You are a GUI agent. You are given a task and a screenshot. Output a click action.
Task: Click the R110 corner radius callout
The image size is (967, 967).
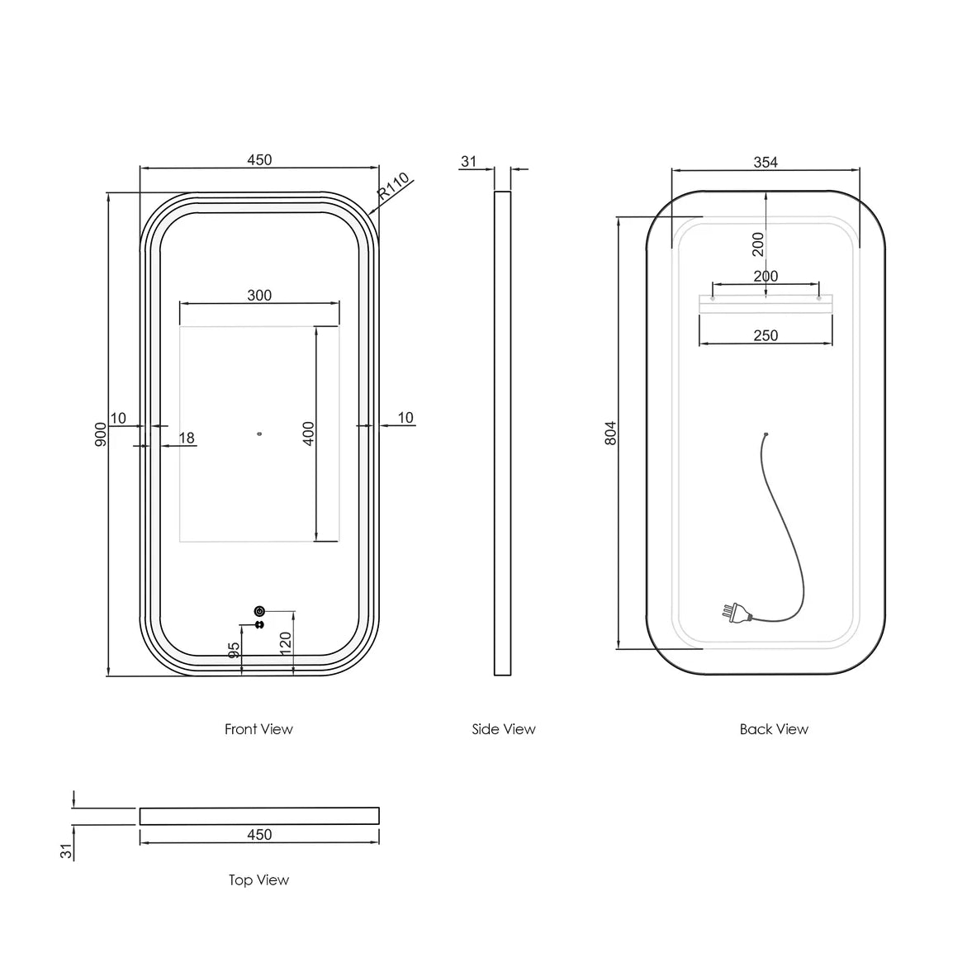pos(394,188)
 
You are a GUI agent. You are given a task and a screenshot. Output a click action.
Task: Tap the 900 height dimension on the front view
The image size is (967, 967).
pos(100,434)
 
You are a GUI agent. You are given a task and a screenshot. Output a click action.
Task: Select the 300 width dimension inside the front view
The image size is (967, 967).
pos(259,295)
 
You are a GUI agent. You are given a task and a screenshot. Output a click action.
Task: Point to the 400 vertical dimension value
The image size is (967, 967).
pos(309,434)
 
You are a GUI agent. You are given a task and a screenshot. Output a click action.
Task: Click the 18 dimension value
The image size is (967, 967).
pos(187,438)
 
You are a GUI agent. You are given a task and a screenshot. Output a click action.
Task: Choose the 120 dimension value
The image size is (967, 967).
pos(286,642)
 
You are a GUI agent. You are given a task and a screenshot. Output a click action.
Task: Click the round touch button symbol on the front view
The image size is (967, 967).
pos(259,611)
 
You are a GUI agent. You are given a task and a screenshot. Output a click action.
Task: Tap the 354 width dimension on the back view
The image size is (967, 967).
pos(766,162)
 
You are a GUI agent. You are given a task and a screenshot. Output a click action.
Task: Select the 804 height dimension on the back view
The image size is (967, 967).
pos(610,434)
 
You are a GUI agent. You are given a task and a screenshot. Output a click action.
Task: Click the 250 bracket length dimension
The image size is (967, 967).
pos(766,335)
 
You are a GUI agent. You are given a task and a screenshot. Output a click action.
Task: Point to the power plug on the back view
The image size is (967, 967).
pos(733,613)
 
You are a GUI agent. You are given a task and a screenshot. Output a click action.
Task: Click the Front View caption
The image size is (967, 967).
pos(258,729)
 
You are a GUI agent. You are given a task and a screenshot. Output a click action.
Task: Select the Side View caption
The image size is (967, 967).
pos(504,729)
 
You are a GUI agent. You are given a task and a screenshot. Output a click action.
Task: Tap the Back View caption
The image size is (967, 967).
pos(774,729)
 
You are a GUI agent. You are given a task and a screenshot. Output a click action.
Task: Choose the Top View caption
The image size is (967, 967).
pos(258,880)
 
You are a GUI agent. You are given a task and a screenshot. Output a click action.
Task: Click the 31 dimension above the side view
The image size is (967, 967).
pos(469,161)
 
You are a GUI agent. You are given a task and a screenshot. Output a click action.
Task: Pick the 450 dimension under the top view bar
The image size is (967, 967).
pos(259,835)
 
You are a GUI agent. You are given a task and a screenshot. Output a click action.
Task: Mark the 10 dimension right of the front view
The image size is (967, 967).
pos(405,418)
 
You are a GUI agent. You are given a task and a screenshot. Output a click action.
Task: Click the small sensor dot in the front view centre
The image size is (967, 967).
pos(259,432)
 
